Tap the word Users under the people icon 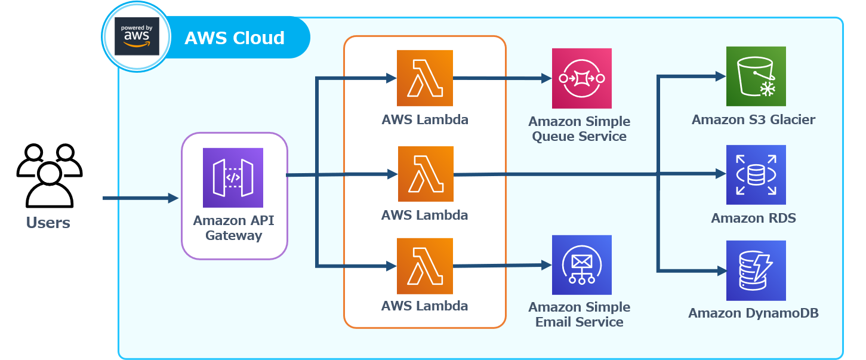[48, 223]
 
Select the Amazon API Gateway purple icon [233, 177]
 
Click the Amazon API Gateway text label [234, 227]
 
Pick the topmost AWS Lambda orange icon [424, 78]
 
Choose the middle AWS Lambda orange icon [425, 174]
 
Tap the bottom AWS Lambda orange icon [424, 266]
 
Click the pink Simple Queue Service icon [581, 78]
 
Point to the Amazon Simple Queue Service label [579, 129]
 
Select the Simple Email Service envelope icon [581, 265]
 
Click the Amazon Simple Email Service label [579, 315]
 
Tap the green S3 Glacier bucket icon [756, 76]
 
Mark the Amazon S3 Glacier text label [753, 120]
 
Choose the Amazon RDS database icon [756, 174]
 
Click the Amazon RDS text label [753, 218]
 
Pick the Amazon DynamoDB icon [756, 270]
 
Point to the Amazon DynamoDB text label [753, 313]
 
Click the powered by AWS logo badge [137, 37]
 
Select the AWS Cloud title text [234, 38]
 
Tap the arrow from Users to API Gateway [140, 198]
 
